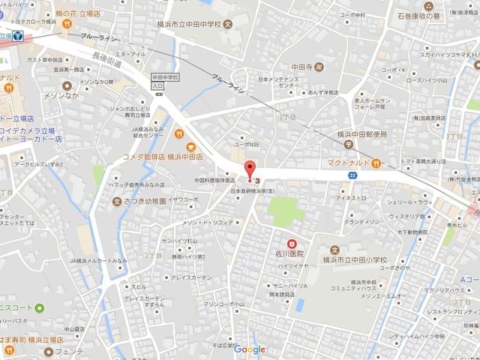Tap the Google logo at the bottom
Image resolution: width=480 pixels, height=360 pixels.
(x=250, y=349)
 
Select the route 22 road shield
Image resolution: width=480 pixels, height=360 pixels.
(x=352, y=174)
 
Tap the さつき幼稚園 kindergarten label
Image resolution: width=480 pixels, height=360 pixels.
(x=144, y=201)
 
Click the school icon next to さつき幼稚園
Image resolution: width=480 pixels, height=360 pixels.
(x=116, y=201)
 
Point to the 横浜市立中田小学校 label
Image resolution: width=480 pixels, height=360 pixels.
(x=352, y=259)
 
